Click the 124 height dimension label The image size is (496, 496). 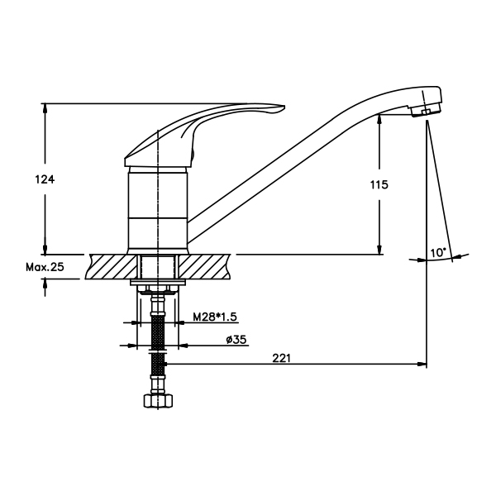(45, 179)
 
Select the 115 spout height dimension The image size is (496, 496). (379, 184)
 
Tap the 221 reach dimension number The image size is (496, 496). (281, 358)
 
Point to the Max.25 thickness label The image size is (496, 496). (45, 267)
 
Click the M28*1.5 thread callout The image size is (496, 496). (215, 317)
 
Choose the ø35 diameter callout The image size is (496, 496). (236, 340)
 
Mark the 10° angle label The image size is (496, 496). (438, 253)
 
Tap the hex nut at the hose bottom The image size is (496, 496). (158, 401)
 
